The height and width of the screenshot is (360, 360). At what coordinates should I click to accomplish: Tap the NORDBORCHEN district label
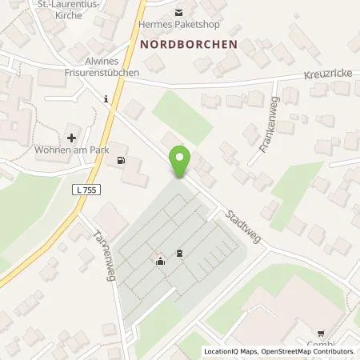[189, 45]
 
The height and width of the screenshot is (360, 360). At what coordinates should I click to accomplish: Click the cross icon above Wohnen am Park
[72, 138]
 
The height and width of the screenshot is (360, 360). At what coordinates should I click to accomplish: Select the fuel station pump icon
[120, 159]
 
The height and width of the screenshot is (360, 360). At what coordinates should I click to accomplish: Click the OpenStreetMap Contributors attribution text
[308, 352]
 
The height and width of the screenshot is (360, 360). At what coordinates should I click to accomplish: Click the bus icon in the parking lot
[178, 254]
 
